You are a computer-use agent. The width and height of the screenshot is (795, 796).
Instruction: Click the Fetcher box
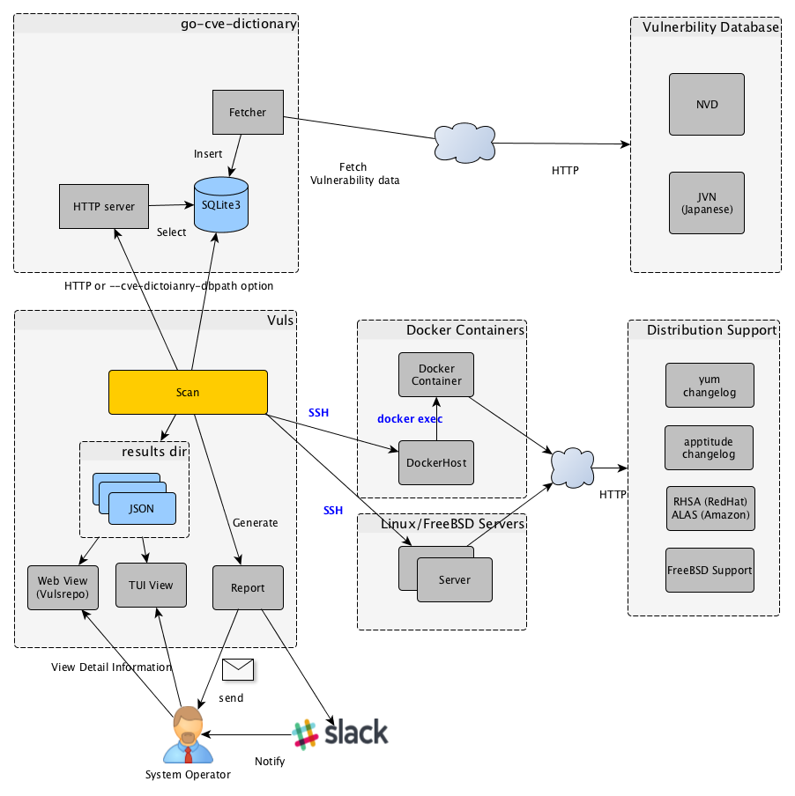pos(248,112)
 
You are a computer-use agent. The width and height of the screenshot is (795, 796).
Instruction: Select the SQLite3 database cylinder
pos(220,205)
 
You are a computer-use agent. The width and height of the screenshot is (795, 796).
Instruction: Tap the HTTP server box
pos(104,207)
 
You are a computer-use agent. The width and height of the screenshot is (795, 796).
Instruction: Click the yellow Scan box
pos(188,392)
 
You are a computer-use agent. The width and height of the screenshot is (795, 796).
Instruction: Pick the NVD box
pos(707,104)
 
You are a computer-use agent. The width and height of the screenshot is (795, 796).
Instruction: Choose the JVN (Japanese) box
pos(707,203)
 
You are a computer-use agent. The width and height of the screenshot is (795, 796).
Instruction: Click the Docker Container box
pos(436,374)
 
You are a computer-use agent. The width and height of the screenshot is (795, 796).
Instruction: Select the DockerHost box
pos(436,462)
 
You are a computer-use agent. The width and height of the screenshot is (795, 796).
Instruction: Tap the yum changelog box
pos(710,386)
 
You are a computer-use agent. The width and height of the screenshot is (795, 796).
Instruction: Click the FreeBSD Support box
pos(710,570)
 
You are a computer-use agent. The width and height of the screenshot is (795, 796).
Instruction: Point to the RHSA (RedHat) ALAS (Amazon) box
pos(710,508)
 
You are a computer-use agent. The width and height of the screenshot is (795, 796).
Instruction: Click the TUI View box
pos(152,585)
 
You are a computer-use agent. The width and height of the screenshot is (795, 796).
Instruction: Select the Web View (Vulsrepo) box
pos(63,586)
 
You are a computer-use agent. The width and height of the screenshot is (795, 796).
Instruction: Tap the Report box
pos(248,587)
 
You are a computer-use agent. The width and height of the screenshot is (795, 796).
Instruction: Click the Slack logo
pos(340,733)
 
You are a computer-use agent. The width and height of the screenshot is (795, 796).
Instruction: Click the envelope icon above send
pos(237,670)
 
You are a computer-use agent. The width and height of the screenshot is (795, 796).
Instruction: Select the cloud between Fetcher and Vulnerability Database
pos(465,141)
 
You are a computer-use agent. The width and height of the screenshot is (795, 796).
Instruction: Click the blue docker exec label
pos(410,418)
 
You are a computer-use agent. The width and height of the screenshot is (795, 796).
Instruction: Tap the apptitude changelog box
pos(710,447)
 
